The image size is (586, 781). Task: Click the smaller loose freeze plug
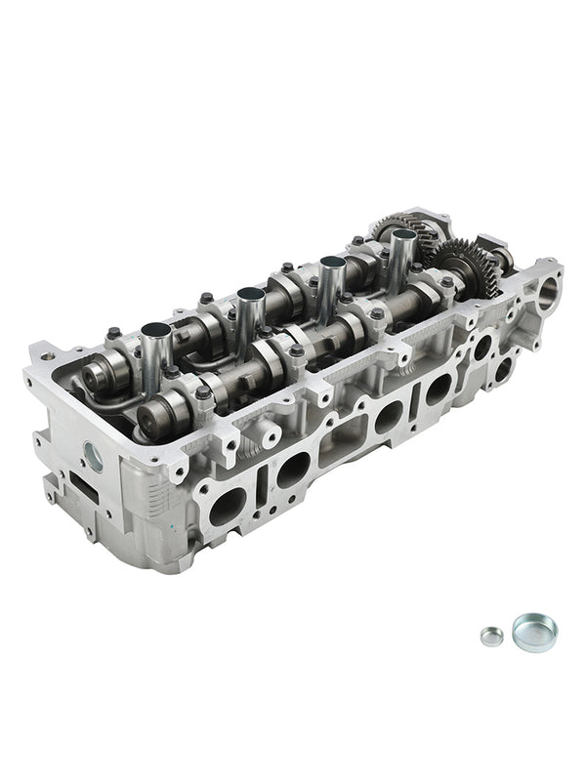click(x=492, y=636)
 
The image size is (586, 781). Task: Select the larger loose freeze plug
click(x=534, y=632)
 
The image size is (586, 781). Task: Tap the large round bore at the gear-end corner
click(x=549, y=290)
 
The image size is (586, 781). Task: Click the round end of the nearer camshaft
click(x=152, y=421)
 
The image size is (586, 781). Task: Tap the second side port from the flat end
click(x=293, y=471)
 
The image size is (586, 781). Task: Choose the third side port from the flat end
click(x=388, y=418)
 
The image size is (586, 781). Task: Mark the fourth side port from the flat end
click(x=438, y=390)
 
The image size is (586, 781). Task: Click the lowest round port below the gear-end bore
click(x=504, y=369)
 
